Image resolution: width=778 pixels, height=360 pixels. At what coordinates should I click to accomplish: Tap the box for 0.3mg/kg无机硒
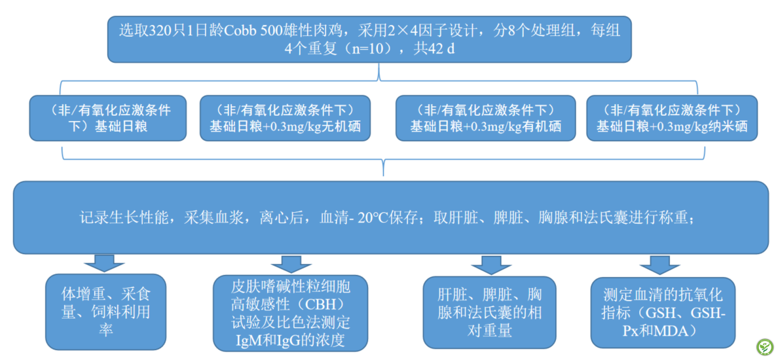click(285, 118)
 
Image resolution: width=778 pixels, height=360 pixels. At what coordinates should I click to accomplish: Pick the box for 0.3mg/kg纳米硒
click(671, 118)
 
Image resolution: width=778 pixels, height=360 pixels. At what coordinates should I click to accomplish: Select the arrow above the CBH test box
click(286, 263)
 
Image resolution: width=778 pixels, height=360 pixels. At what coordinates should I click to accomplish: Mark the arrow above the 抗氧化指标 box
click(658, 264)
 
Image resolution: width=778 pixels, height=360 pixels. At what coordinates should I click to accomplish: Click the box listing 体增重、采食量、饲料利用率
click(106, 312)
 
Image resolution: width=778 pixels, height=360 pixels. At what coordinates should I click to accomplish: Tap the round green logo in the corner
click(764, 346)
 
